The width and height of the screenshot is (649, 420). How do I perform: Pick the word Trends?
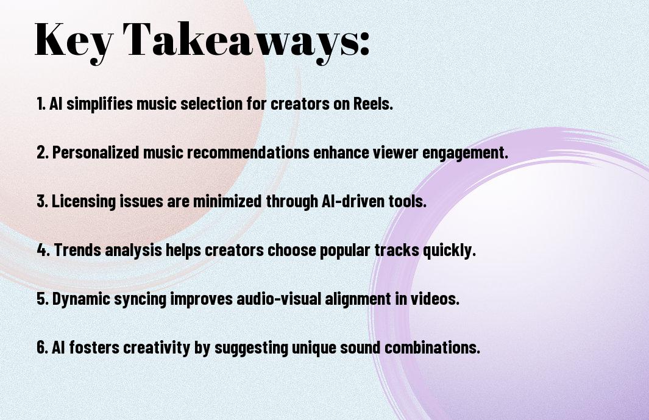(78, 250)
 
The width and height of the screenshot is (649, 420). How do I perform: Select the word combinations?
(433, 348)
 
